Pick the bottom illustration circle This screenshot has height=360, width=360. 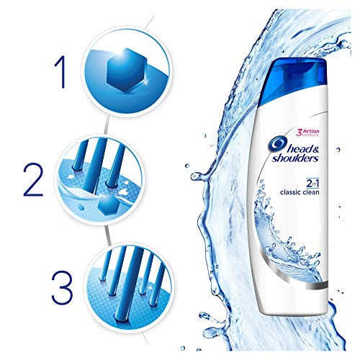point(120,276)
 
